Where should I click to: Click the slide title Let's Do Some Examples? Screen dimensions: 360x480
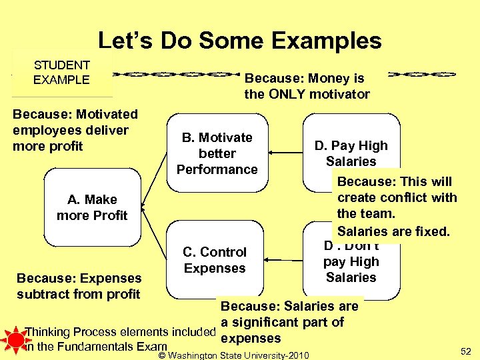[x=239, y=41]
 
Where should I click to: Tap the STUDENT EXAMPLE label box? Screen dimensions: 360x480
[x=61, y=73]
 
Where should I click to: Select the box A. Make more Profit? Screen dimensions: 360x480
[x=92, y=207]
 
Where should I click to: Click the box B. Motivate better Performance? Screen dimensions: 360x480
[x=217, y=153]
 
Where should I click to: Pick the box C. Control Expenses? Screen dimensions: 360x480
[x=215, y=260]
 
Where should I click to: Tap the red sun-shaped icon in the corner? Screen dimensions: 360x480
[x=12, y=339]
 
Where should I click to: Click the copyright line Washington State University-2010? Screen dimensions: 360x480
[x=234, y=355]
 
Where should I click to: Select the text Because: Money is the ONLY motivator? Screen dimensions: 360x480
[x=307, y=86]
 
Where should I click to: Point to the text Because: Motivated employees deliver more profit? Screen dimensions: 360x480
[x=75, y=130]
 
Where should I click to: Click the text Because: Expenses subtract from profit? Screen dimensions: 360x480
[x=79, y=285]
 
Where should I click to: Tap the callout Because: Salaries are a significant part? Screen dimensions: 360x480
[x=289, y=322]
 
